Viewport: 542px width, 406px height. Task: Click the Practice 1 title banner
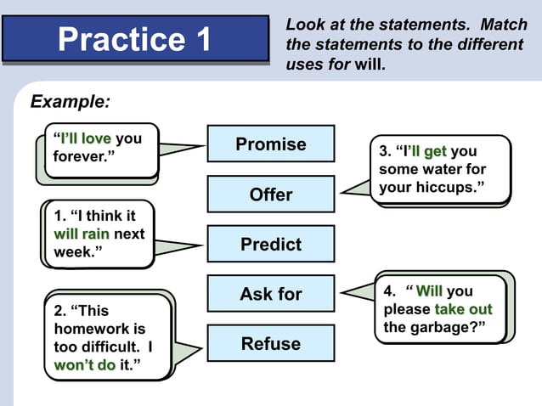click(x=135, y=39)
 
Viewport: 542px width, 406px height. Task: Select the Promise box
click(x=271, y=144)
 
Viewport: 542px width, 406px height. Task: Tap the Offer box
click(x=271, y=195)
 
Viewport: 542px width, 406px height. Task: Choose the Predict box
click(x=271, y=245)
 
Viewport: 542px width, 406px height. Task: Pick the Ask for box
click(x=271, y=295)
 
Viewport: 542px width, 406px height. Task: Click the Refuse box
click(x=271, y=344)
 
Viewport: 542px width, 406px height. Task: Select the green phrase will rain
click(x=81, y=234)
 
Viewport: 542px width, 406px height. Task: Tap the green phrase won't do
click(x=84, y=365)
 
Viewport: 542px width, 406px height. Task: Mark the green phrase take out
click(x=463, y=309)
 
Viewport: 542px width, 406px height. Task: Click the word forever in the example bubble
click(x=81, y=157)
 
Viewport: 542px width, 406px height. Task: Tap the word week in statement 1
click(x=74, y=253)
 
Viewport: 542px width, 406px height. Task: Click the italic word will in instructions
click(x=369, y=65)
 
